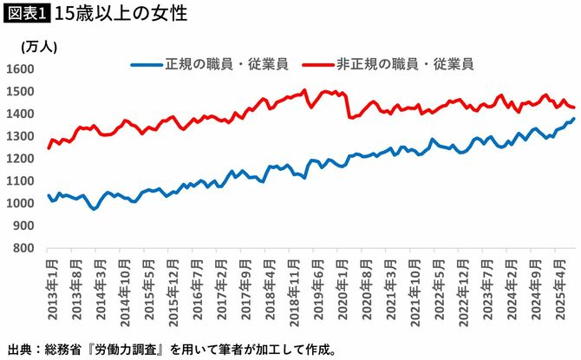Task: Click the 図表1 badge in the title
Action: (26, 15)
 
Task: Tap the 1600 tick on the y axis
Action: (20, 69)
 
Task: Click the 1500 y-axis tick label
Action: (20, 91)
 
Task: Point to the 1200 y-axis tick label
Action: (20, 159)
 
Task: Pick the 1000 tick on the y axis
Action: (20, 203)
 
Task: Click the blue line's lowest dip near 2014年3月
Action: (93, 209)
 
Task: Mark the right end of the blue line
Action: (573, 119)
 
